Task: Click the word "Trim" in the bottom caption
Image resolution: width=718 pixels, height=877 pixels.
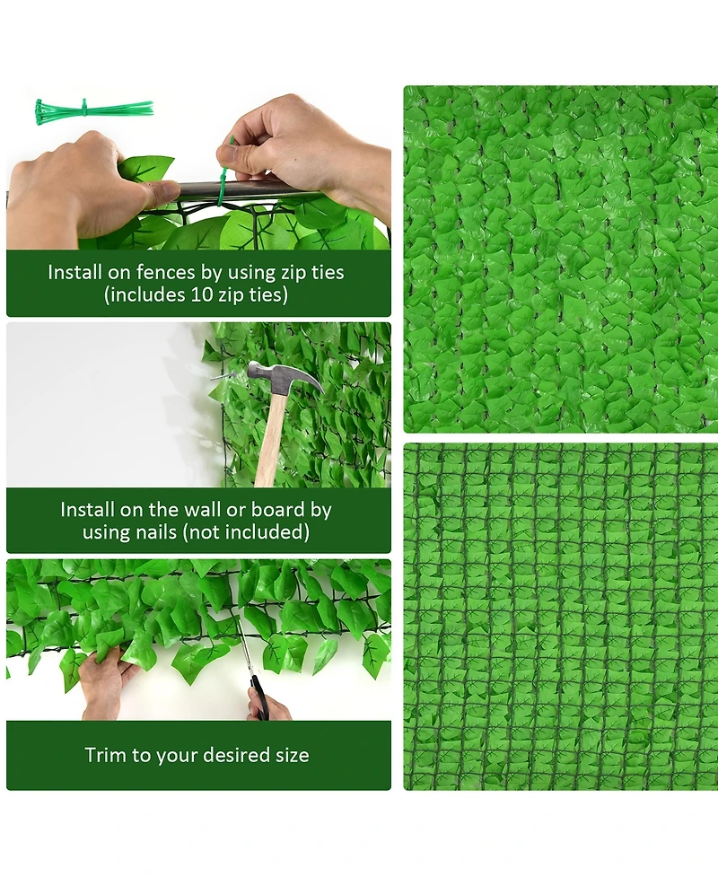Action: coord(106,755)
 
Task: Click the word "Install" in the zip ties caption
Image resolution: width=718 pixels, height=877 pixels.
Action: coord(77,272)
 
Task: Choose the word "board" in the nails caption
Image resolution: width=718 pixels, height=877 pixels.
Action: coord(278,510)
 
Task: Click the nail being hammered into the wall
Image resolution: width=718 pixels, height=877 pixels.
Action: coord(224,376)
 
